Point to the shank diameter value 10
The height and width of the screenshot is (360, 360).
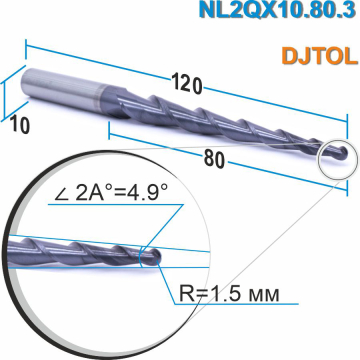(18, 123)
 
